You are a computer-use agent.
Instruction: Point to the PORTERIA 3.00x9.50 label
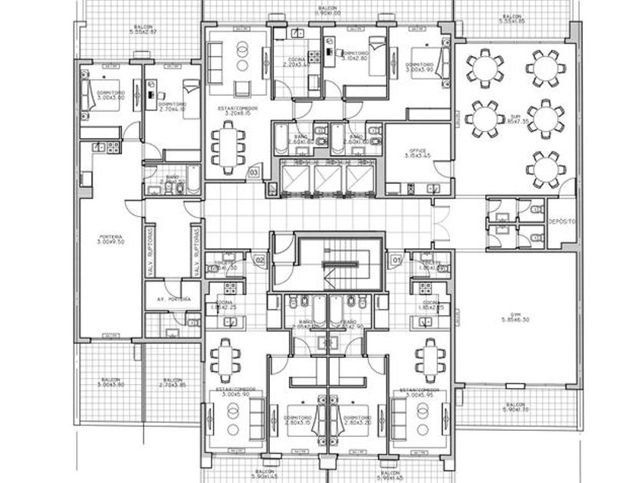pyautogui.click(x=112, y=239)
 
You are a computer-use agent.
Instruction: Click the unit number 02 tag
pyautogui.click(x=259, y=261)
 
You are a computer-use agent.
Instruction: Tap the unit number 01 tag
pyautogui.click(x=396, y=261)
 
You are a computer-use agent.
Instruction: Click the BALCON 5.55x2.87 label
pyautogui.click(x=143, y=28)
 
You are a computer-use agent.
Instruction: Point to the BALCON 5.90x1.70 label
pyautogui.click(x=516, y=407)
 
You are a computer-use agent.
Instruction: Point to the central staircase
pyautogui.click(x=340, y=264)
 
